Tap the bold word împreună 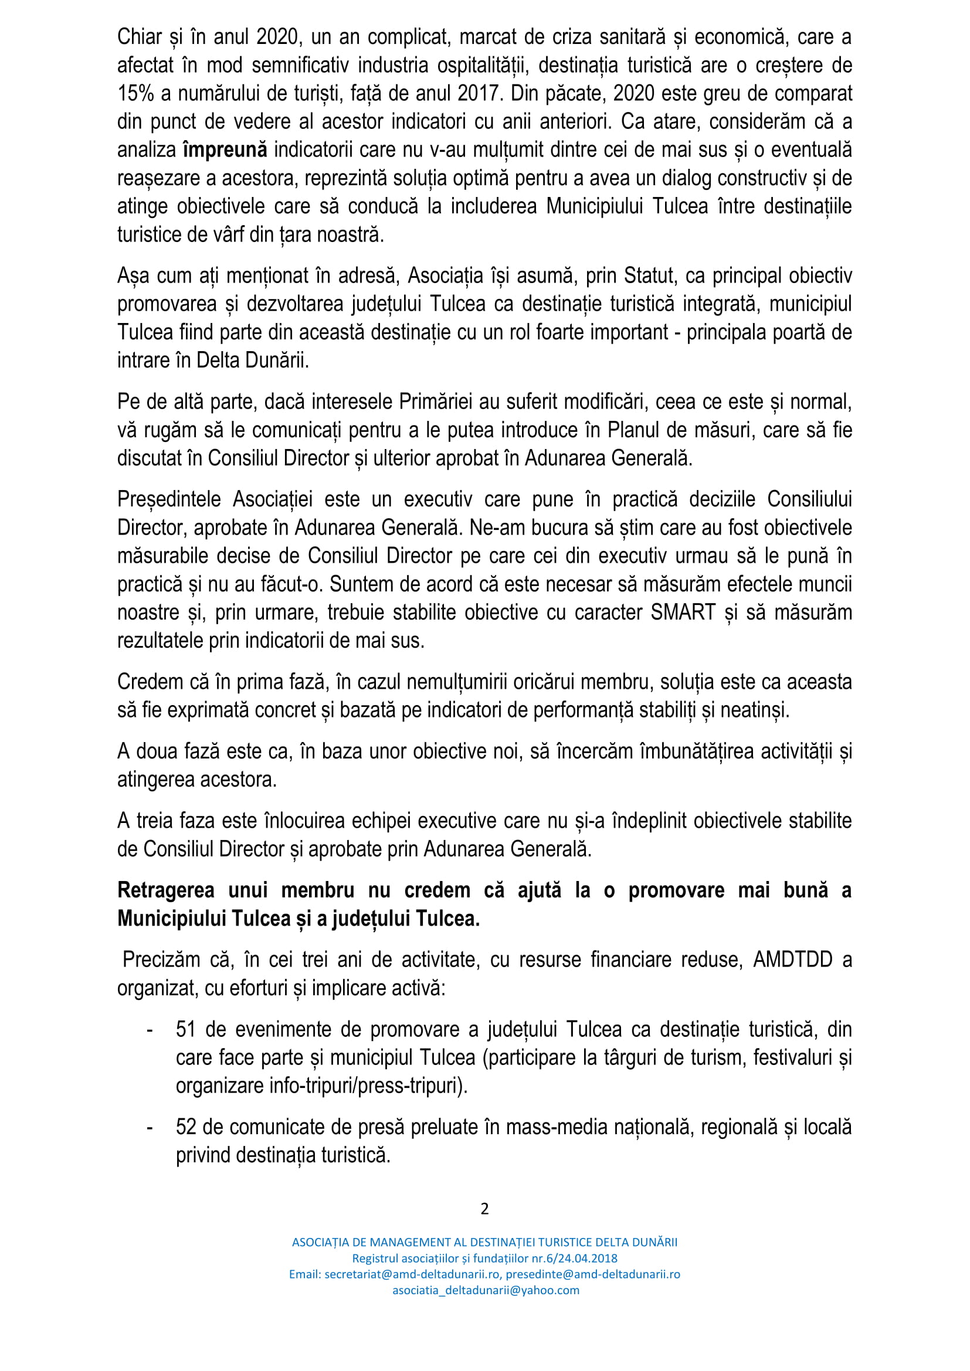coord(225,150)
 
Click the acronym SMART coord(683,613)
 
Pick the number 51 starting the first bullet coord(186,1030)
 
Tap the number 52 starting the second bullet coord(186,1127)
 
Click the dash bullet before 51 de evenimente coord(150,1030)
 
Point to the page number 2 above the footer coord(484,1209)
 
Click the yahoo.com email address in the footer coord(486,1290)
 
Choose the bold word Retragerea coord(166,890)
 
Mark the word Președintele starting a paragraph coord(168,499)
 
